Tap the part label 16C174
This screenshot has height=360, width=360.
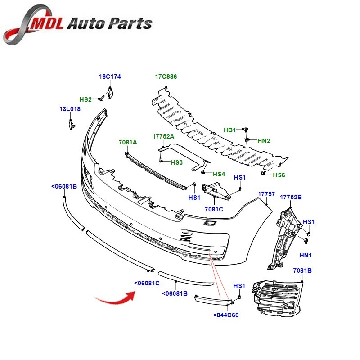(x=110, y=77)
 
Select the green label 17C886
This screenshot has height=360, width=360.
(x=166, y=77)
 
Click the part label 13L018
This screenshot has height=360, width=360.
(x=70, y=109)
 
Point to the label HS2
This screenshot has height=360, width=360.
(x=85, y=99)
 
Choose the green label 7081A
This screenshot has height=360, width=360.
(x=128, y=142)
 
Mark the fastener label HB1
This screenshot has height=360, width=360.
(x=230, y=130)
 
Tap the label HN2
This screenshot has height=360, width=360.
(x=264, y=141)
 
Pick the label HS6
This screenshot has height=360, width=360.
(x=279, y=175)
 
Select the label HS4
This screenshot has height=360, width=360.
(x=219, y=174)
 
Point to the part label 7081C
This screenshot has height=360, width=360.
(x=214, y=209)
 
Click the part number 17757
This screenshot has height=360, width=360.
(x=266, y=194)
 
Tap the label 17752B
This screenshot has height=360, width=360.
(x=291, y=197)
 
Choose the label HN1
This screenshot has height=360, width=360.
(x=306, y=255)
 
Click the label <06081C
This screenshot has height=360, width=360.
(x=147, y=283)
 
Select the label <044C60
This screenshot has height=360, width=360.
(x=226, y=315)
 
